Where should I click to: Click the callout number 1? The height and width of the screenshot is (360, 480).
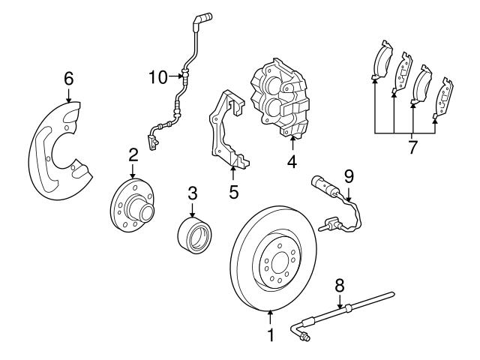coord(271,335)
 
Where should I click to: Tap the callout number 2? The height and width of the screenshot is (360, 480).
coord(133,155)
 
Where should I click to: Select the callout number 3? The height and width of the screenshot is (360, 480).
coord(192,192)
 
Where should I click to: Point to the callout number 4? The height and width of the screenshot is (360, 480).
coord(291,160)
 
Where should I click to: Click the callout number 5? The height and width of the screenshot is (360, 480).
coord(233,192)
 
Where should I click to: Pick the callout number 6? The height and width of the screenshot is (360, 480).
coord(68,77)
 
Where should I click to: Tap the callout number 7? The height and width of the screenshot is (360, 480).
coord(412,146)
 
